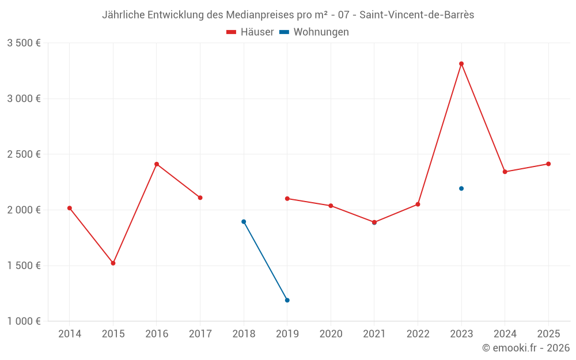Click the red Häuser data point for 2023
[x=461, y=64]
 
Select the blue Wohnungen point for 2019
[x=287, y=300]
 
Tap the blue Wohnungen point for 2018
[x=244, y=222]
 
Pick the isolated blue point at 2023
[x=461, y=188]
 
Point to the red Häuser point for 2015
[x=113, y=263]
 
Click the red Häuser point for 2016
[x=157, y=164]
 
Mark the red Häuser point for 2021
[x=374, y=222]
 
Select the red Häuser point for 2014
[x=70, y=208]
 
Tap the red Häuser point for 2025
[x=548, y=164]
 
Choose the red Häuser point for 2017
[x=200, y=198]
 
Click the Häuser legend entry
[x=250, y=32]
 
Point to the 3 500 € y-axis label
[x=24, y=43]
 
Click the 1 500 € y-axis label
[x=24, y=266]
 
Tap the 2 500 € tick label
[x=24, y=154]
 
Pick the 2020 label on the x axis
[x=331, y=334]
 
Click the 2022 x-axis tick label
[x=418, y=334]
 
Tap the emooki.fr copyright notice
[x=526, y=348]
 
